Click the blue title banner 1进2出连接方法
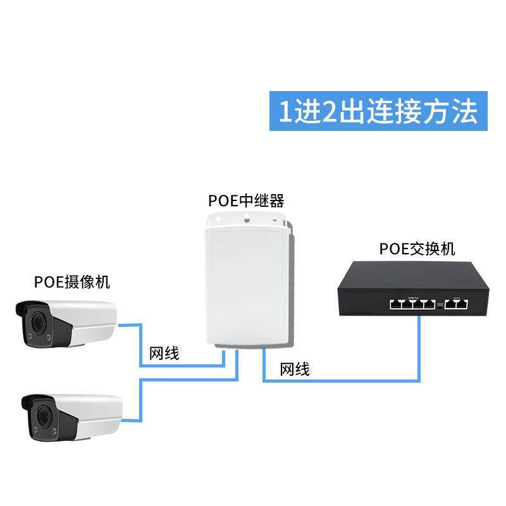pos(378,113)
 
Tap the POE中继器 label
pos(246,201)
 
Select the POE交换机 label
pos(417,249)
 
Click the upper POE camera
pos(66,324)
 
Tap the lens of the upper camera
pos(38,321)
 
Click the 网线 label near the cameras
pos(164,353)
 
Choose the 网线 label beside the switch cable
pos(294,369)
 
